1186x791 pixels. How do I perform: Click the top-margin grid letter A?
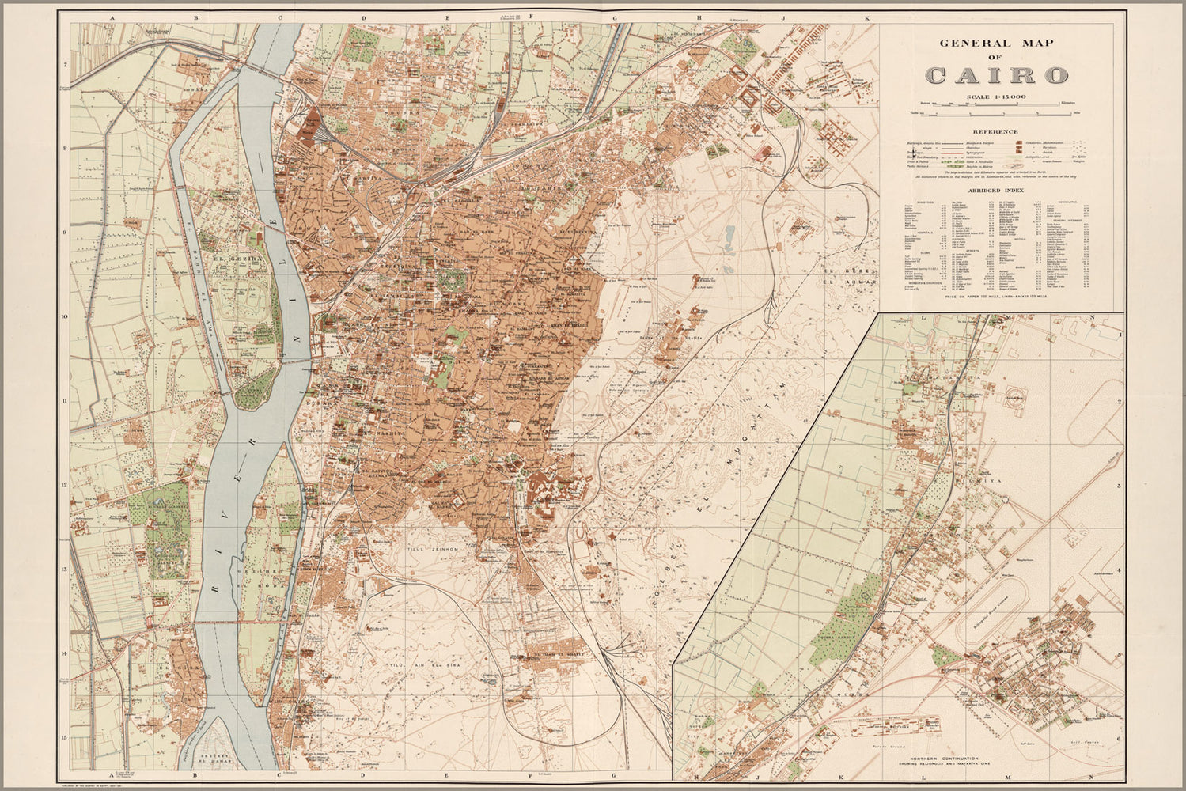coord(113,16)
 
